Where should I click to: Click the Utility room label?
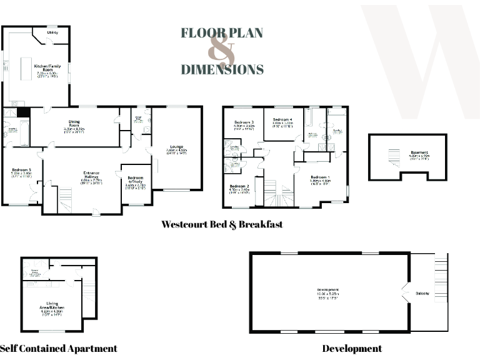point(52,32)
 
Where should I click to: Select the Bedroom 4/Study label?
point(135,181)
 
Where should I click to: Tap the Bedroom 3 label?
point(244,122)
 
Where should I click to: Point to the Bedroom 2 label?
point(239,187)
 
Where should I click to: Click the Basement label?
point(419,152)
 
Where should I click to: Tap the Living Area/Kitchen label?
point(52,306)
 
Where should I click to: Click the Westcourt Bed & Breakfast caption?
point(222,224)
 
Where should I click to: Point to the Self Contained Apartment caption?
point(59,348)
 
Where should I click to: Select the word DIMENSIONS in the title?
point(222,69)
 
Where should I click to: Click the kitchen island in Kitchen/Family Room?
point(26,69)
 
